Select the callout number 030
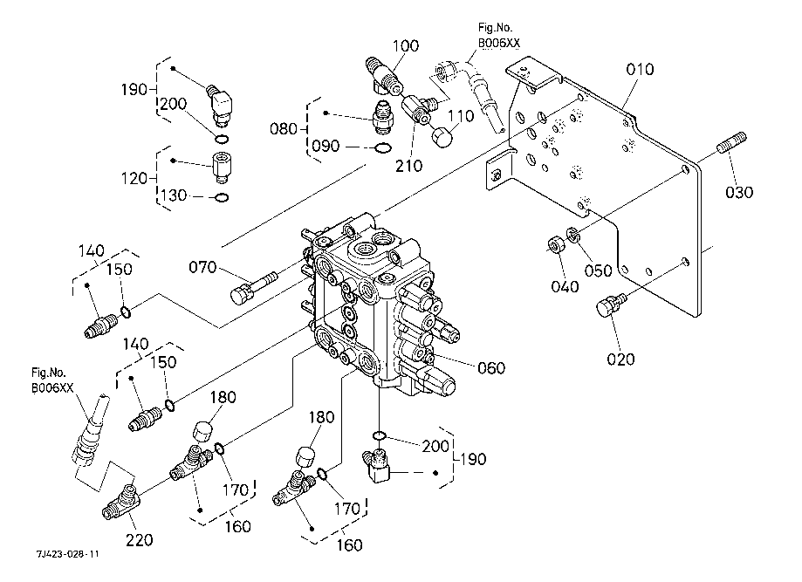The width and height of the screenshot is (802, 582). (x=740, y=192)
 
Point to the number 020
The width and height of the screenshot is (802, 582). (x=620, y=358)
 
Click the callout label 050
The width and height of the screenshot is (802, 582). (x=598, y=270)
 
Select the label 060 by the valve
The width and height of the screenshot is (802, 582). (x=491, y=367)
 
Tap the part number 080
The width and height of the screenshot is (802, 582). (x=284, y=130)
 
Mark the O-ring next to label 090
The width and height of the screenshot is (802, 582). (x=380, y=147)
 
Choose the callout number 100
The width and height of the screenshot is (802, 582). (x=406, y=45)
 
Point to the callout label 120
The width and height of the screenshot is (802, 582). (x=136, y=178)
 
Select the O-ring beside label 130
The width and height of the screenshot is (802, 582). (x=222, y=197)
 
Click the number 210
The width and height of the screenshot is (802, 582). (x=407, y=165)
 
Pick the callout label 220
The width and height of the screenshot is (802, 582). (x=138, y=541)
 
